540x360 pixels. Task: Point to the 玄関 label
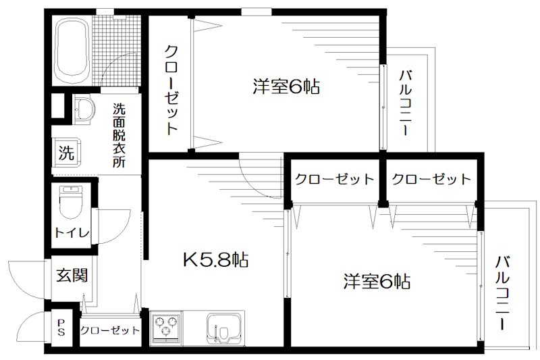click(x=71, y=275)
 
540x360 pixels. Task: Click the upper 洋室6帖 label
click(x=286, y=86)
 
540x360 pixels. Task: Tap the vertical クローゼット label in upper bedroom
click(x=171, y=90)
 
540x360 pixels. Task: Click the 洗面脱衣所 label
click(x=119, y=134)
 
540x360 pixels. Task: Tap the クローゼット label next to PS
click(x=109, y=330)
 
